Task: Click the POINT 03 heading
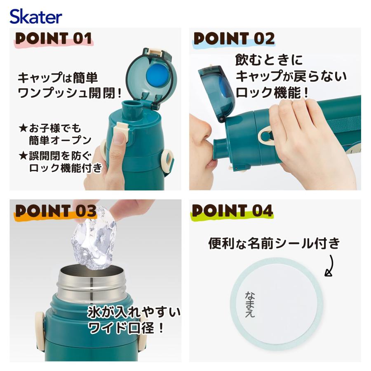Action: click(56, 211)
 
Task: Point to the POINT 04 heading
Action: click(232, 211)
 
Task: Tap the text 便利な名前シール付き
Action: click(274, 244)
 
